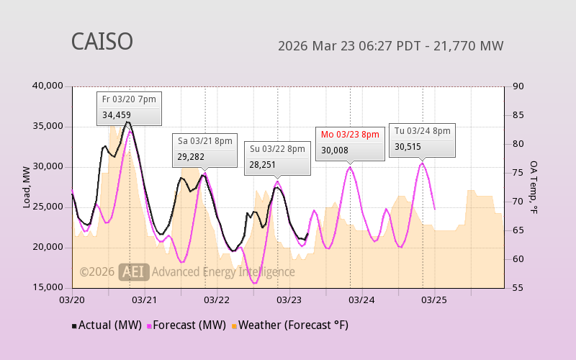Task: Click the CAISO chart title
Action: click(102, 42)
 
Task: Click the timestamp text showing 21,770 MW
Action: click(390, 46)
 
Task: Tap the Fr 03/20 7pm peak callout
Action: click(129, 107)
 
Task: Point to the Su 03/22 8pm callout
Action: click(277, 157)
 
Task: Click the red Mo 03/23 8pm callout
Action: click(349, 143)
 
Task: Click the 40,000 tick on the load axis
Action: click(49, 86)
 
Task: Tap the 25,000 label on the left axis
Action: click(49, 207)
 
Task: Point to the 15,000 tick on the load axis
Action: click(49, 288)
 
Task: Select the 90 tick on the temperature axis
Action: click(518, 86)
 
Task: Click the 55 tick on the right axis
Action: click(518, 288)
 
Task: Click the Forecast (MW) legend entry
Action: click(187, 325)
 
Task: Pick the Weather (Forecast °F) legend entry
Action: click(289, 325)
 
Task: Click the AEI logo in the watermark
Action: click(134, 271)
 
